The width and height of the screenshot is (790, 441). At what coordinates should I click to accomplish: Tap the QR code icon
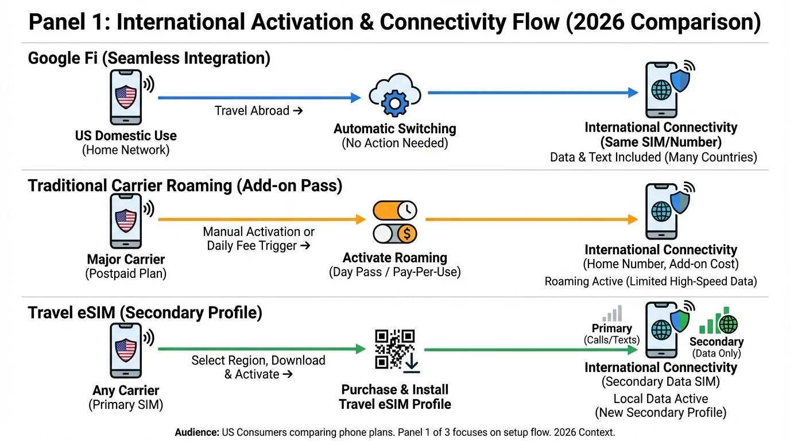point(394,349)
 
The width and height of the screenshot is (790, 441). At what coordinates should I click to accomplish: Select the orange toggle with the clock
point(395,211)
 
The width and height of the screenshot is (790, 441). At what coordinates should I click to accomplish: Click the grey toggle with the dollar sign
point(395,233)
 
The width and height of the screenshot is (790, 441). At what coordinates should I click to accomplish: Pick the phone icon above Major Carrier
point(126,220)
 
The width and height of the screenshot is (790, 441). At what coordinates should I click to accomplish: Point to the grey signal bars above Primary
point(612,314)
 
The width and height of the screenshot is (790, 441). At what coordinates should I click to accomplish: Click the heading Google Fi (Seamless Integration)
point(149,58)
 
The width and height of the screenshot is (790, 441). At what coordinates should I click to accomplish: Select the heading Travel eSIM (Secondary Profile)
point(145,313)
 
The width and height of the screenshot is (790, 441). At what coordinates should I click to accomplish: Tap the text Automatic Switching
point(395,129)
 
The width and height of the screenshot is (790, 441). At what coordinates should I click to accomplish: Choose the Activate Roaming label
point(395,257)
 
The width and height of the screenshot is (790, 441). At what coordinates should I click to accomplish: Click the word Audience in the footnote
point(197,432)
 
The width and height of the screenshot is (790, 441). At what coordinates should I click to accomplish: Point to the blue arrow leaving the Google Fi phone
point(258,98)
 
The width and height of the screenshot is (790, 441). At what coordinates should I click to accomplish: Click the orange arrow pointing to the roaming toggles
point(261,219)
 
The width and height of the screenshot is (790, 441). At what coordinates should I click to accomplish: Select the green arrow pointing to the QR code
point(261,349)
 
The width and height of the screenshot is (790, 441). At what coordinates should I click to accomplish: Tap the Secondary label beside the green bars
point(716,342)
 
